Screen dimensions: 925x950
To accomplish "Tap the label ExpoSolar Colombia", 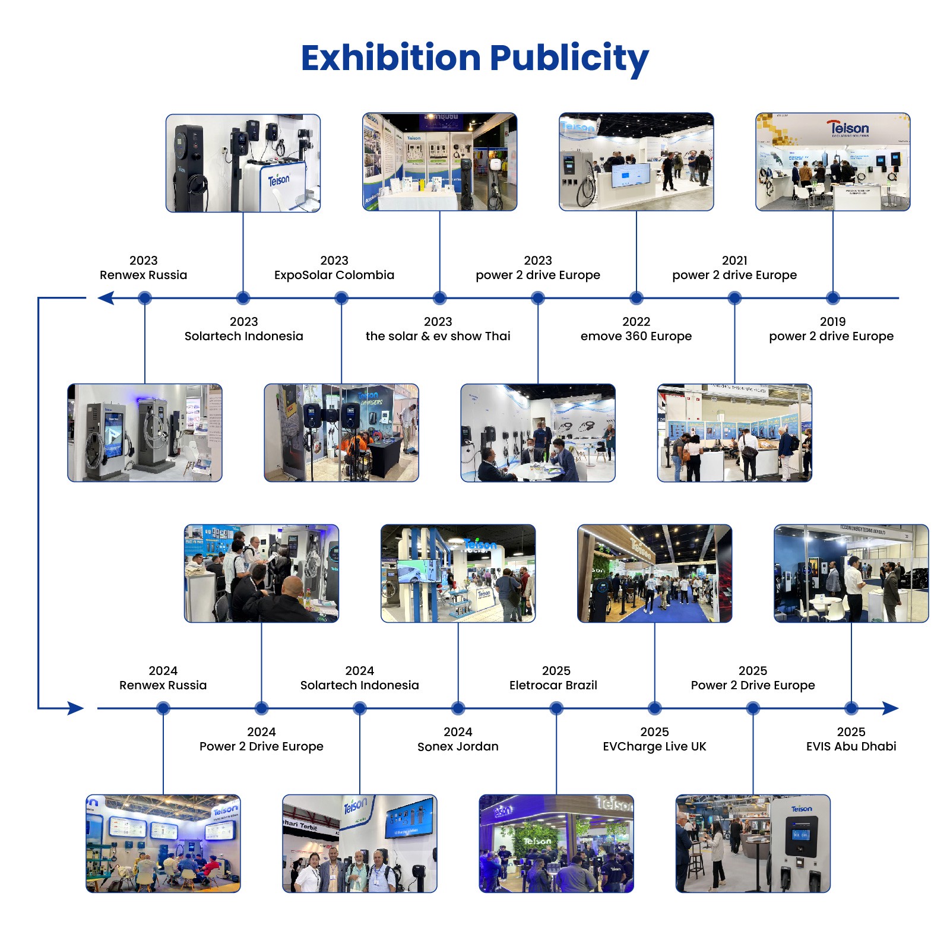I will [x=334, y=275].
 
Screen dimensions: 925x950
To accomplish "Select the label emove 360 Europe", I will [x=636, y=336].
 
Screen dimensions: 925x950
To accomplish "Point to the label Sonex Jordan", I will [x=458, y=746].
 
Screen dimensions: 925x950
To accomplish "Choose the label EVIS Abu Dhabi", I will [x=851, y=746].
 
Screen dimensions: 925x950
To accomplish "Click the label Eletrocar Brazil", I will [x=553, y=685].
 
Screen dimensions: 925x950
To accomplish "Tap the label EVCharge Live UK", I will [x=654, y=746].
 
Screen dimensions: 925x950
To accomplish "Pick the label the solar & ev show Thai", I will [x=438, y=336].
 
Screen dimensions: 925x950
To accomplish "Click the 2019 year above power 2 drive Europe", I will [x=832, y=321].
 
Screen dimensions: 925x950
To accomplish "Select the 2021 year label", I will [x=734, y=260].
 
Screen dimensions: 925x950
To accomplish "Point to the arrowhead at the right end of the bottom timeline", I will [x=890, y=708].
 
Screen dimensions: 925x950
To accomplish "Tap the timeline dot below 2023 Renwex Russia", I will [x=144, y=298].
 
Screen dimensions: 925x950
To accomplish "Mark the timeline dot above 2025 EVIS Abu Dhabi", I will [x=851, y=708].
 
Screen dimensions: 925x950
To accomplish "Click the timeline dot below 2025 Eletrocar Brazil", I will [x=556, y=708].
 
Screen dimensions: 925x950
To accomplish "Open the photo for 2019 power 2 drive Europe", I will [x=832, y=162].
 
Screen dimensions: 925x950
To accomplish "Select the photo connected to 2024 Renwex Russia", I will [x=163, y=843].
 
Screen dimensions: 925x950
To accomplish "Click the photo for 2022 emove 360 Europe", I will [x=636, y=162].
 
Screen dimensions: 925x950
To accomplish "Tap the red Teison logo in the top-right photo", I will [x=849, y=128].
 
